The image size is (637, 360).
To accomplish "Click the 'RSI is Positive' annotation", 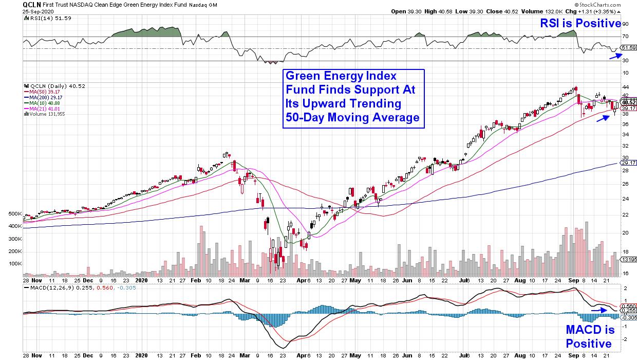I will tap(579, 23).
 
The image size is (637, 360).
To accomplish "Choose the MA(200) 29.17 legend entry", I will tap(47, 97).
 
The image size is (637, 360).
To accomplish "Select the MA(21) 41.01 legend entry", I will tap(46, 109).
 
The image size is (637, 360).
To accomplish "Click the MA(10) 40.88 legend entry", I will tap(46, 103).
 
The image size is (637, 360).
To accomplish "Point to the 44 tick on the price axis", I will tap(625, 86).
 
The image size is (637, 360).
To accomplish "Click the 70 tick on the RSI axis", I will tap(625, 37).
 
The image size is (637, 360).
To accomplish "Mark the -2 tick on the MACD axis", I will tap(625, 339).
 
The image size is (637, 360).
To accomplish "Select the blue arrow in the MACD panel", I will tap(598, 310).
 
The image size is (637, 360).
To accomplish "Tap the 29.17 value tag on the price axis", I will tap(628, 163).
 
